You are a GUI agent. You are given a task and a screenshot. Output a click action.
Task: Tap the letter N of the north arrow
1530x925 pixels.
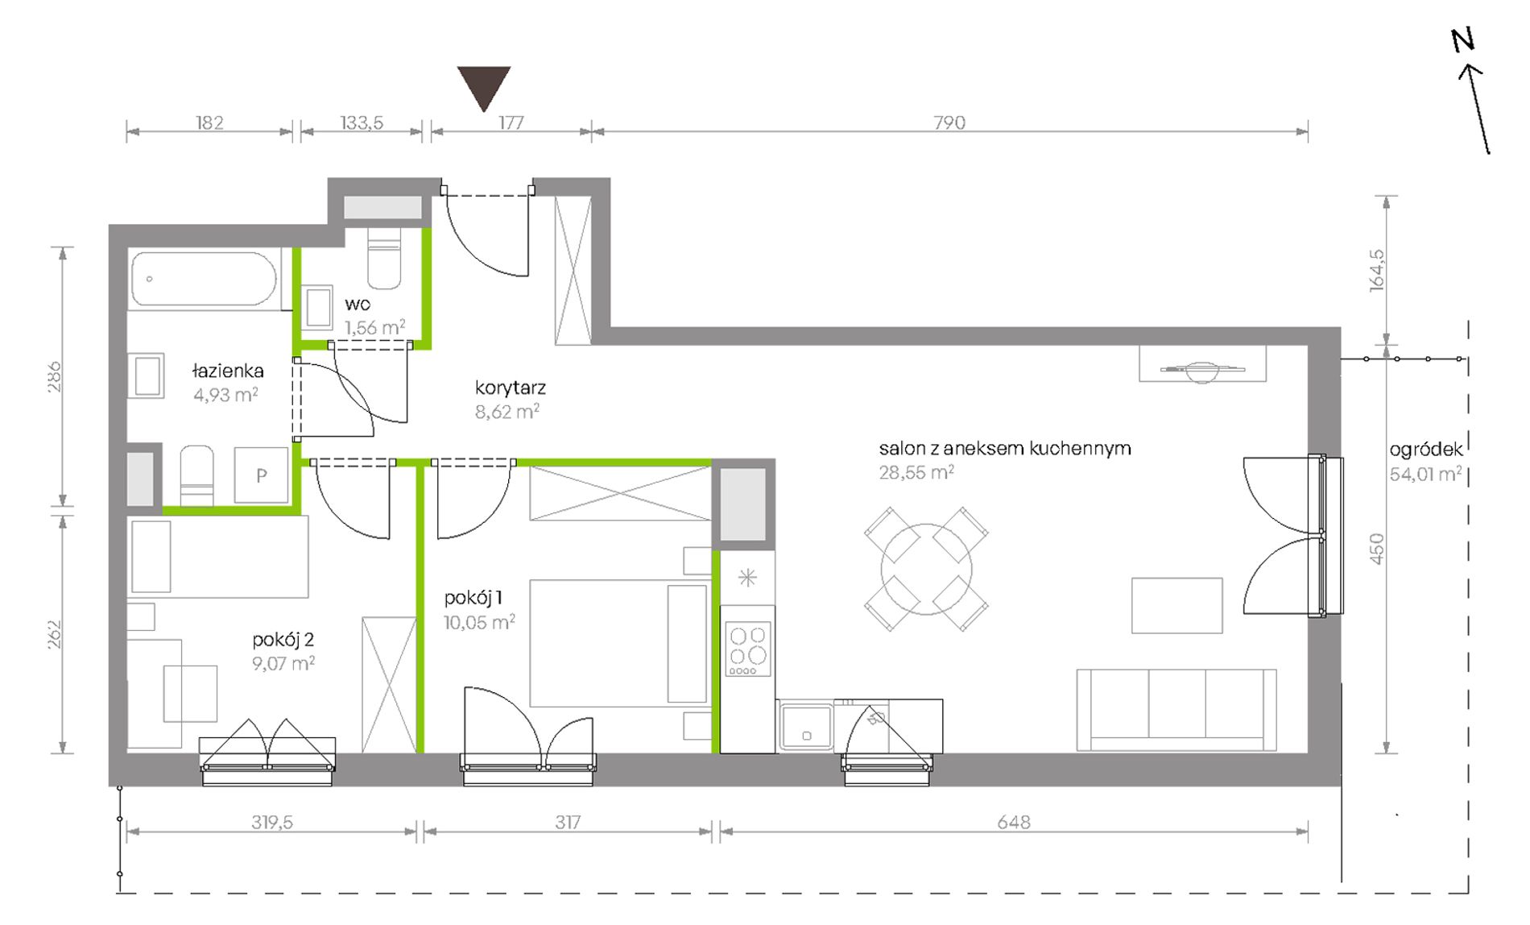pos(1462,40)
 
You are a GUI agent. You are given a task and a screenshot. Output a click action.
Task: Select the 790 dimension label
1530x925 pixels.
pos(949,122)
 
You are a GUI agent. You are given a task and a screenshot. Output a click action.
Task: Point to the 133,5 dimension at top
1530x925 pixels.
pos(362,122)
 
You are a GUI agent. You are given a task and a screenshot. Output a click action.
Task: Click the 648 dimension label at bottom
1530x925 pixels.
pos(1013,822)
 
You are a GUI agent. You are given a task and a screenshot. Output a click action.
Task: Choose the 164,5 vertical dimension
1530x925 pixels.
pos(1377,270)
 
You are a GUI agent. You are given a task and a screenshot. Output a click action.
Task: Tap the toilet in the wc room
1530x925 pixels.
pos(384,257)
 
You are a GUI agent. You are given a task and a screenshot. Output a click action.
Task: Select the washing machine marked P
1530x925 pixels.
pos(261,475)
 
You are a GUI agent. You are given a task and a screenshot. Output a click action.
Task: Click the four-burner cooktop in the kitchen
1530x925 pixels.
pos(748,649)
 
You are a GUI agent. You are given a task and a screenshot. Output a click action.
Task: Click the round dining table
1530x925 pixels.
pos(926,570)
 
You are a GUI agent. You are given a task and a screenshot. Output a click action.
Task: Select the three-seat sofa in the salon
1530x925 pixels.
pos(1176,710)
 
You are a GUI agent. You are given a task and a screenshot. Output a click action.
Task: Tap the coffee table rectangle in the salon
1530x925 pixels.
pos(1176,605)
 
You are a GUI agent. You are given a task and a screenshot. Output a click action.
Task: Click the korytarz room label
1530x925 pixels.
pos(511,388)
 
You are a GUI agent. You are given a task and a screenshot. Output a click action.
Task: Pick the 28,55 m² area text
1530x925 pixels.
pos(916,472)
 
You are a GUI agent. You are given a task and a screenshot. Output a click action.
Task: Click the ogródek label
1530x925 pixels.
pos(1425,450)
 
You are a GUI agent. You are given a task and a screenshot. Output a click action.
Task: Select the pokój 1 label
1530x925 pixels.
pos(473,598)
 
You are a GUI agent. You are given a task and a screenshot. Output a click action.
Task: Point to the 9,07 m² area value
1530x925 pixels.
pos(283,663)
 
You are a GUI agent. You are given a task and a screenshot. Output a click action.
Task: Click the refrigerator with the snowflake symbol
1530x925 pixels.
pos(747,578)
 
